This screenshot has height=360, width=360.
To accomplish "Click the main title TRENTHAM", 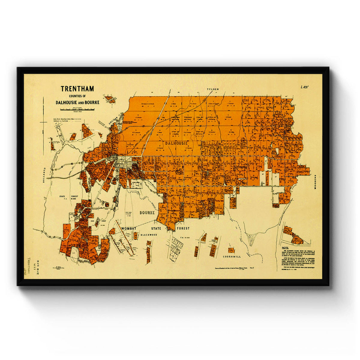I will pos(77,89).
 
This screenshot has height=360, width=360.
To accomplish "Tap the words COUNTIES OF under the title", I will pos(77,96).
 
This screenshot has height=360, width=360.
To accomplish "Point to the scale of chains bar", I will pos(77,110).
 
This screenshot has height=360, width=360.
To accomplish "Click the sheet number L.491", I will pos(305,87).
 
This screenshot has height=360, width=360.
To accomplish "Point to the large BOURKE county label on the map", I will pos(147,213).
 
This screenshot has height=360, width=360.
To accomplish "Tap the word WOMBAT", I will pos(129,229).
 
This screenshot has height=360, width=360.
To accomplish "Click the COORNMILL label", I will pos(232,257).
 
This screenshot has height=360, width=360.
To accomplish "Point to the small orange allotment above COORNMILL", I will pos(231,250).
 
